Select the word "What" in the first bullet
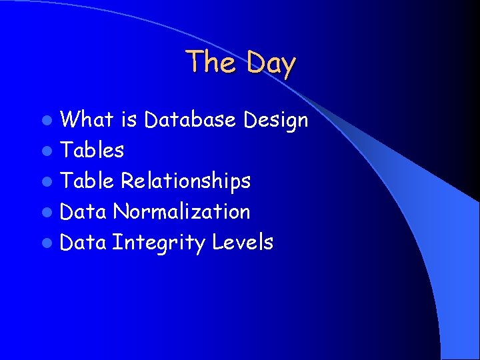point(87,120)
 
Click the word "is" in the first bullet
point(129,120)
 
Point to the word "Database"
point(190,120)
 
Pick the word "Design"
point(275,121)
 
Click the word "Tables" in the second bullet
point(92,151)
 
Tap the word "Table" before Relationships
point(87,181)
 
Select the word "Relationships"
point(185,181)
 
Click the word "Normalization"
point(181,211)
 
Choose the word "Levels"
point(243,242)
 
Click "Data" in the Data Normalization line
point(83,211)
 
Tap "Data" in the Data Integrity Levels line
point(83,242)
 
